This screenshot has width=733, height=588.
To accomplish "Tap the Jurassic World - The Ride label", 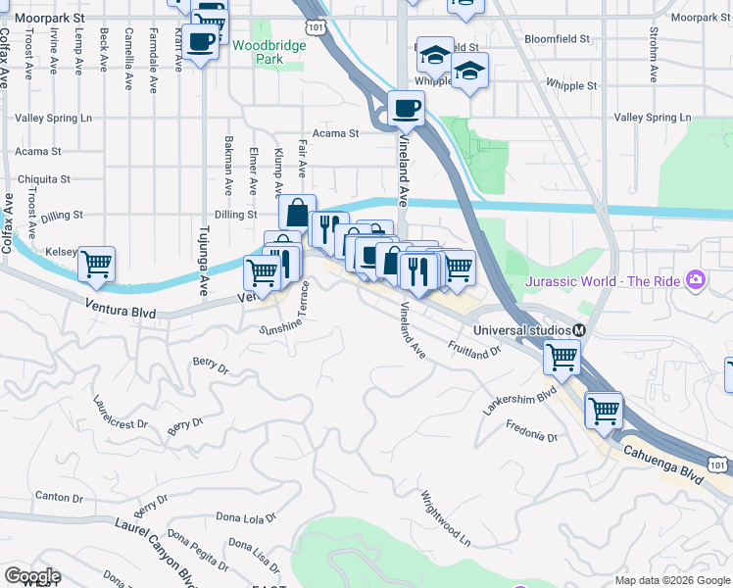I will [604, 281].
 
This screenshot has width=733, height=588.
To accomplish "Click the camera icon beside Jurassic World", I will [696, 281].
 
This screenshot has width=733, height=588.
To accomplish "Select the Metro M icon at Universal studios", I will [580, 329].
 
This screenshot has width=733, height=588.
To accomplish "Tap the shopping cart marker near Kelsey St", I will [96, 263].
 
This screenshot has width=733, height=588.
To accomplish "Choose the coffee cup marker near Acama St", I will [405, 109].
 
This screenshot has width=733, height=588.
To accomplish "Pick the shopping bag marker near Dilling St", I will [296, 212].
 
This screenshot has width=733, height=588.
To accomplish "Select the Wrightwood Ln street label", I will [447, 518].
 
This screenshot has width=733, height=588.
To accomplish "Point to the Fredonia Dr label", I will [532, 430].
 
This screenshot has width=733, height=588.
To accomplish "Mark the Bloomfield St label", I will [557, 39].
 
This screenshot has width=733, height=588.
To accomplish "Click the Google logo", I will [32, 576].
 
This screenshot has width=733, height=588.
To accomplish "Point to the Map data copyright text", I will [671, 580].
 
